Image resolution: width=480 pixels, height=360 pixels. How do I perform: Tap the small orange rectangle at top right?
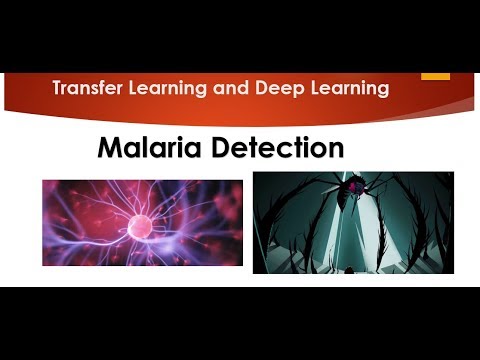click(435, 75)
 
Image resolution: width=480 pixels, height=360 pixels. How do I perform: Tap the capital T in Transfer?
click(58, 89)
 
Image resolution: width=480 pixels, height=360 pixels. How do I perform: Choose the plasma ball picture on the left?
click(142, 222)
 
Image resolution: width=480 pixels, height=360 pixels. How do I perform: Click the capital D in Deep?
click(260, 89)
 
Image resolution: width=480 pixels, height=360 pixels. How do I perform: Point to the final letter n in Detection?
click(335, 150)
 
